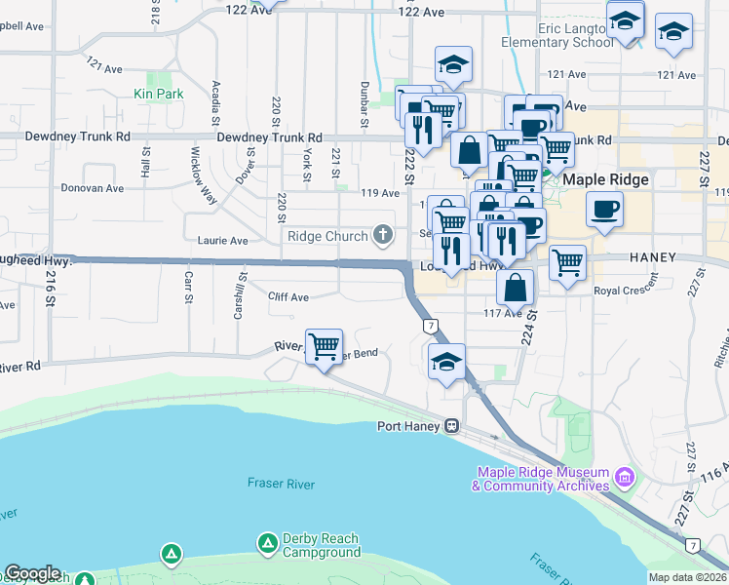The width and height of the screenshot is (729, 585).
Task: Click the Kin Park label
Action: (159, 95)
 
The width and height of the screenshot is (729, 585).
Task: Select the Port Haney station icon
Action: (452, 426)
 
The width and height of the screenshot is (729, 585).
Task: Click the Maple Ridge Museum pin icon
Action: (624, 479)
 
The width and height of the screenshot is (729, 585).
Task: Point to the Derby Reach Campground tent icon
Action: (267, 542)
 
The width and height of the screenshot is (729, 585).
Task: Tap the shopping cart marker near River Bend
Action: (324, 344)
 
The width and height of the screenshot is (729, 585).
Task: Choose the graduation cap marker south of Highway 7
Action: (447, 361)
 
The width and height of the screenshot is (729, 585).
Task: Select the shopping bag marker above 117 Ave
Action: (516, 287)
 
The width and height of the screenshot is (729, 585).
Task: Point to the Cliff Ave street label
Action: (288, 296)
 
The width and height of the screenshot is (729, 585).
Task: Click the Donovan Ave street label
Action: (92, 187)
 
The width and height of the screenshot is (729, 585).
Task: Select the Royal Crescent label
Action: (622, 291)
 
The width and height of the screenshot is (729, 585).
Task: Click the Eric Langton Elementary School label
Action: (556, 36)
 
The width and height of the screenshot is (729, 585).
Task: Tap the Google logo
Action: (32, 573)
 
